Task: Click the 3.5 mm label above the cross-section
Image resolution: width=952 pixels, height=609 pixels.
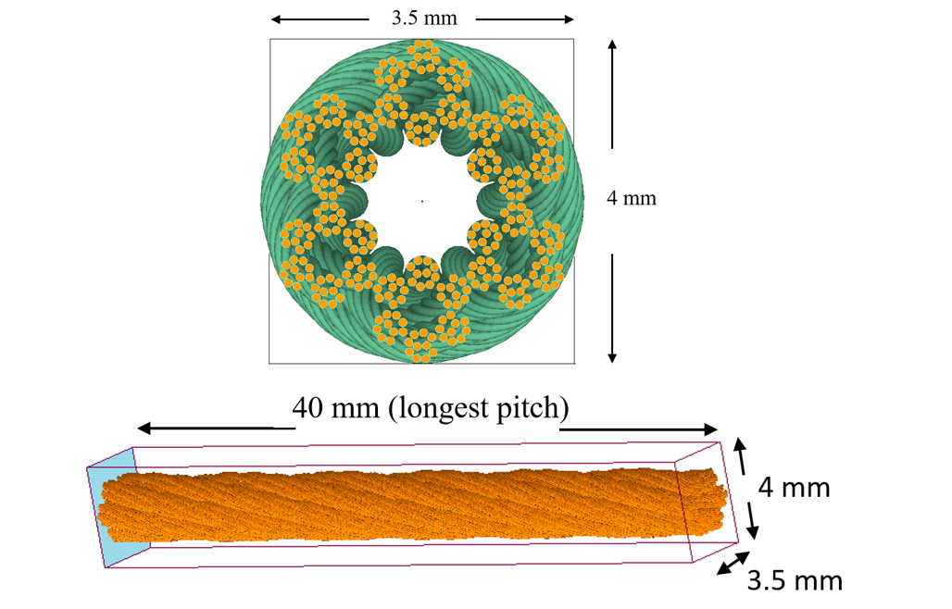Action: pos(424,19)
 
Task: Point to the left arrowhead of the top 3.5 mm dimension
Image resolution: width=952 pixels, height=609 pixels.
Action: pos(276,19)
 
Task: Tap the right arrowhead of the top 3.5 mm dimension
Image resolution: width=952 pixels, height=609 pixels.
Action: pos(569,19)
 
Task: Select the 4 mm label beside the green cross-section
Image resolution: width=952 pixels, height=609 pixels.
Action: pos(632,198)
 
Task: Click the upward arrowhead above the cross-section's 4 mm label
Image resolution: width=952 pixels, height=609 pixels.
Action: pos(612,44)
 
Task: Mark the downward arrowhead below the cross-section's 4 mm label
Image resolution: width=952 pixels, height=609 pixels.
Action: pos(612,357)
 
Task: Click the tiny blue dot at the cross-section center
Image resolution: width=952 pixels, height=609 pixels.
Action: pos(422,201)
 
